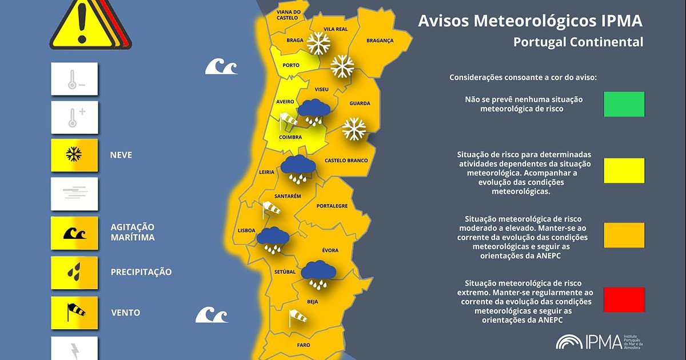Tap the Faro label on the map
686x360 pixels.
tap(304, 345)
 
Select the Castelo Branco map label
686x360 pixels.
tap(346, 161)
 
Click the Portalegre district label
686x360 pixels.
tap(332, 206)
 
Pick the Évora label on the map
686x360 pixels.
tap(330, 250)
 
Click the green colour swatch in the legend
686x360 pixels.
tap(624, 104)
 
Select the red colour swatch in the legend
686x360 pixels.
tap(624, 299)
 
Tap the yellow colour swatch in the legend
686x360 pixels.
tap(624, 170)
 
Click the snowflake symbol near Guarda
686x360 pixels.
tap(354, 129)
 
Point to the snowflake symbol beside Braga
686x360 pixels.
tap(318, 43)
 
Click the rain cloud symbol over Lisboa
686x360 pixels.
tap(273, 239)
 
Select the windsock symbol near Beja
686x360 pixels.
tap(297, 317)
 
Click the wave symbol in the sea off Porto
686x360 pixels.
tap(221, 67)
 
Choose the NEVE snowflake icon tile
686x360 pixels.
tap(74, 155)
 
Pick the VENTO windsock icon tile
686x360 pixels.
tap(74, 313)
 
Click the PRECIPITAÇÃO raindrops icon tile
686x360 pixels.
tap(74, 273)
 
